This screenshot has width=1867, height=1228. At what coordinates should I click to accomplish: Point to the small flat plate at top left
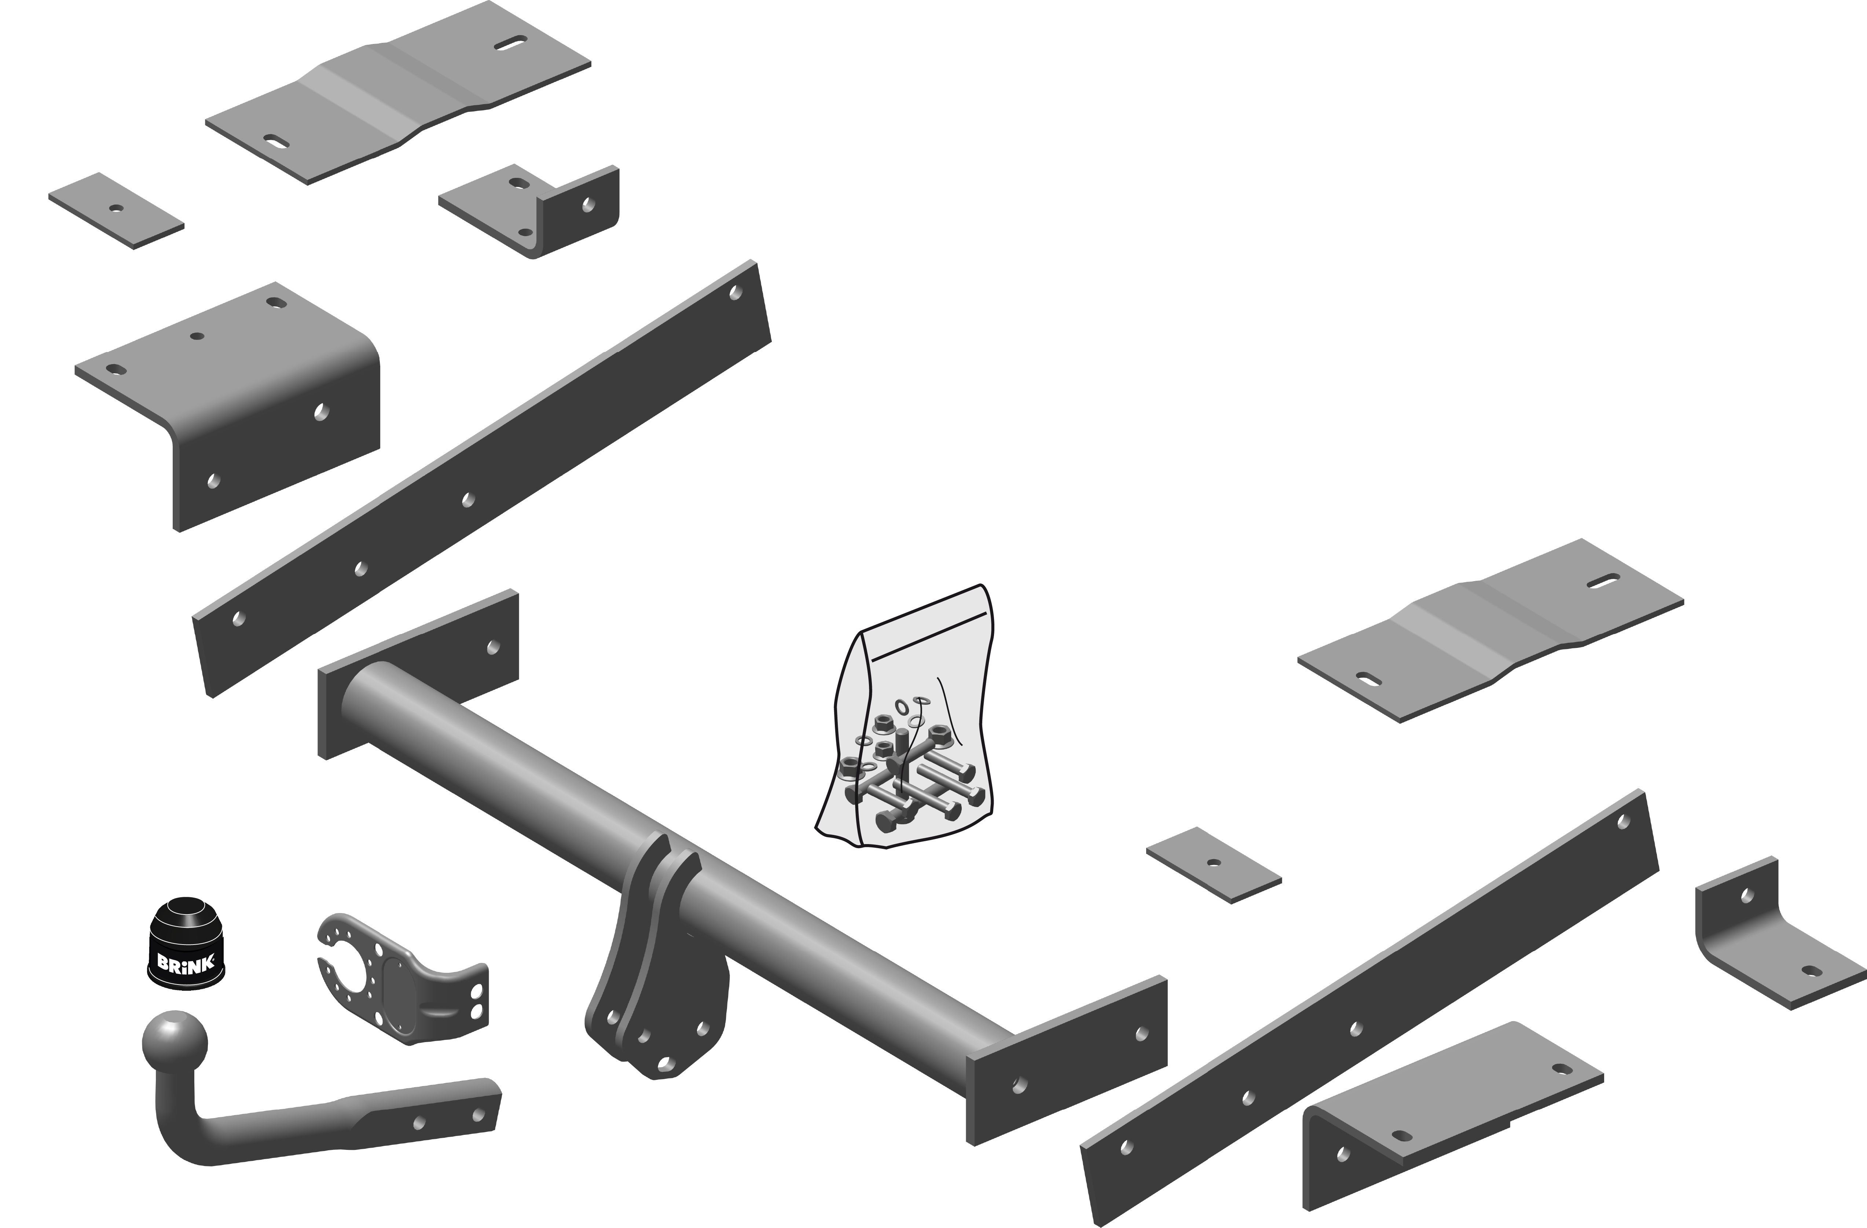(x=116, y=210)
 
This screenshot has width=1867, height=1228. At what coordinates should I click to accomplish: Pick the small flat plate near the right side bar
(x=1214, y=865)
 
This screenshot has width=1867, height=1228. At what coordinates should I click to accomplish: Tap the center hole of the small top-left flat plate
(x=116, y=209)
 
